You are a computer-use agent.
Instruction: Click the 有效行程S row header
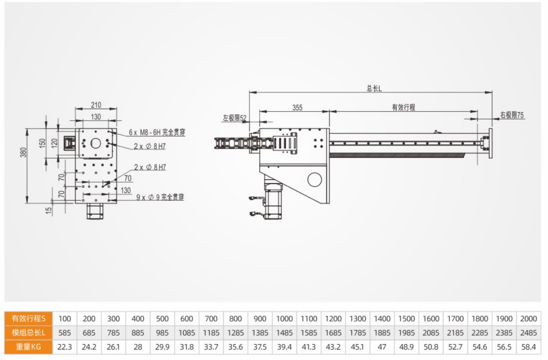[28, 318]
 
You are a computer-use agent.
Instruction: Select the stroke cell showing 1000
[284, 318]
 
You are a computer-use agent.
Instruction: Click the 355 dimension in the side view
[297, 108]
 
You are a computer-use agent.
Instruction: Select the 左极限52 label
[234, 117]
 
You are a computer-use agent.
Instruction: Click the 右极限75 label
[512, 115]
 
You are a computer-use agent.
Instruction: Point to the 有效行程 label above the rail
[403, 108]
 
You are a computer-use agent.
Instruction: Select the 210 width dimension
[96, 105]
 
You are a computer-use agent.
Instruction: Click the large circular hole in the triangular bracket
[315, 180]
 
